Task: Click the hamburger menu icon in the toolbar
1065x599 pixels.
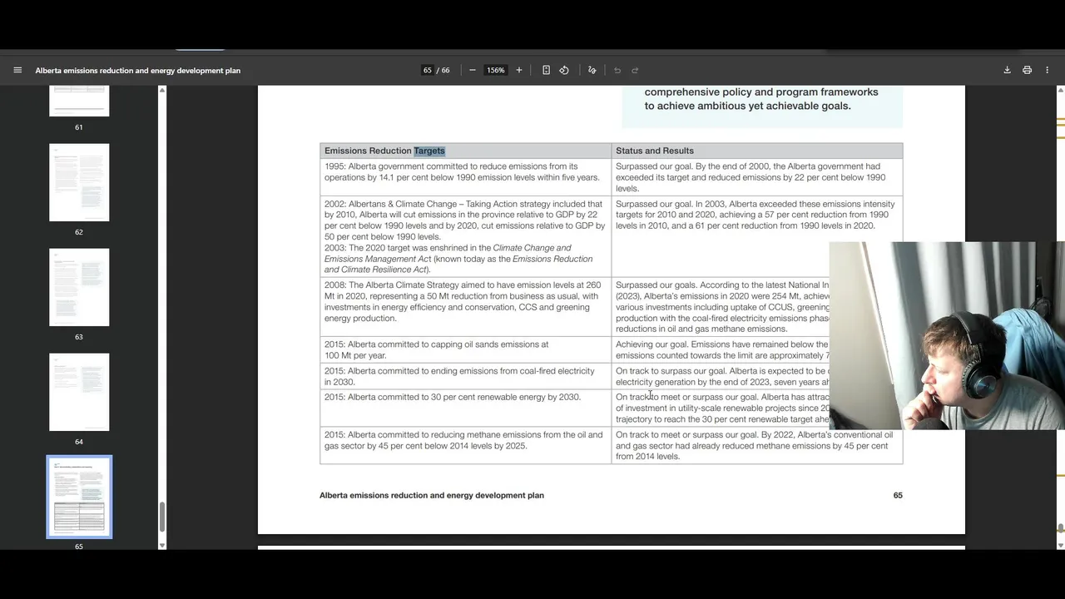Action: (17, 70)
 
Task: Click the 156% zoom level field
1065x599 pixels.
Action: (495, 70)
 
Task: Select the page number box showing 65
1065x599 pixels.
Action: (428, 70)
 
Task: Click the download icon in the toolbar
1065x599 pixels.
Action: (1007, 70)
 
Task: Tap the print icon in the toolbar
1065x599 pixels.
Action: (1027, 70)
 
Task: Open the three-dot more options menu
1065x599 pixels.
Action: (1047, 70)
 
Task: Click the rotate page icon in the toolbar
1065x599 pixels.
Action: (564, 70)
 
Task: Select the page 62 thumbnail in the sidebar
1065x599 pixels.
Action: (79, 182)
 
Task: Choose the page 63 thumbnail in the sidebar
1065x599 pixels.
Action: (79, 287)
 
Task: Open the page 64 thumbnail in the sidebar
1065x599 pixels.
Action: (79, 392)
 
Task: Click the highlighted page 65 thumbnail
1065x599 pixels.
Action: (79, 497)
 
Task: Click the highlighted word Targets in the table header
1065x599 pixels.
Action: (429, 151)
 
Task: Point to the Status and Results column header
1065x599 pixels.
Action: (655, 151)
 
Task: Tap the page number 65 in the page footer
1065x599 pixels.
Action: (898, 495)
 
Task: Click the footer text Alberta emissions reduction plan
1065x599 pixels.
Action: (432, 495)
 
